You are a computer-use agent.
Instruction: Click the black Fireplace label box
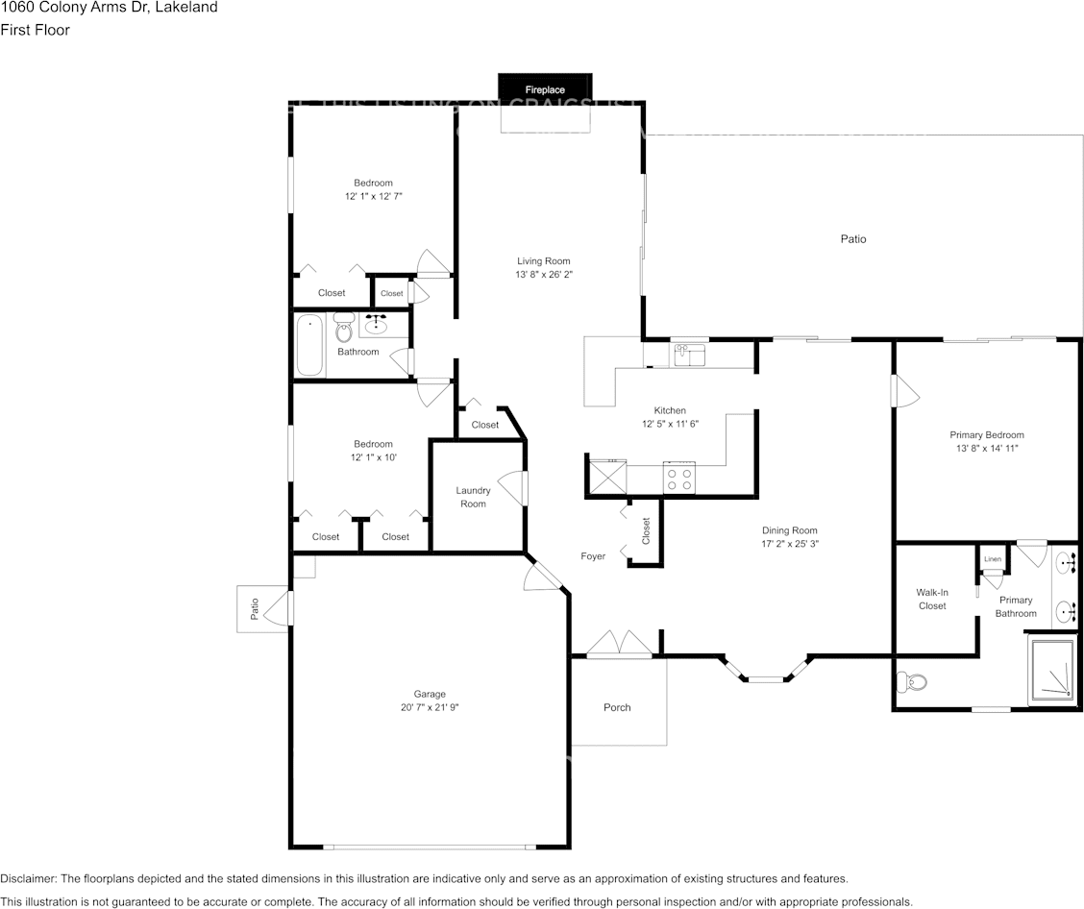pyautogui.click(x=545, y=88)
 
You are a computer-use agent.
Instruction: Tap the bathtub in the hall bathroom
pyautogui.click(x=309, y=345)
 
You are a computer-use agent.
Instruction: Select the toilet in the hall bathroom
pyautogui.click(x=344, y=330)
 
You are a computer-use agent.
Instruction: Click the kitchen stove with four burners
pyautogui.click(x=678, y=478)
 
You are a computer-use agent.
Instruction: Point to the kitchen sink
pyautogui.click(x=689, y=356)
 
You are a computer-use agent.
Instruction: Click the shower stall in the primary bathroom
pyautogui.click(x=1053, y=670)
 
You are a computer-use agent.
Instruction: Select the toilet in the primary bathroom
pyautogui.click(x=909, y=683)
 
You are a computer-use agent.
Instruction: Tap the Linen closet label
pyautogui.click(x=992, y=558)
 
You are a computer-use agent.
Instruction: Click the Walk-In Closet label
pyautogui.click(x=932, y=600)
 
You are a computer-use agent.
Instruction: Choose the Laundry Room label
pyautogui.click(x=473, y=497)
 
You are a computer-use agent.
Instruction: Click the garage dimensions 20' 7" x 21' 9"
pyautogui.click(x=430, y=708)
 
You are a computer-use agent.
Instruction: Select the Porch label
pyautogui.click(x=617, y=707)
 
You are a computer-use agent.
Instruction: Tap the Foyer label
pyautogui.click(x=593, y=556)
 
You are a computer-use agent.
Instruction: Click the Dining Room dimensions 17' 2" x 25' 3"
pyautogui.click(x=790, y=544)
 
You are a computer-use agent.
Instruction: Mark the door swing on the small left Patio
pyautogui.click(x=277, y=609)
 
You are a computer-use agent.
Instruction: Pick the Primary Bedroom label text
pyautogui.click(x=987, y=434)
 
